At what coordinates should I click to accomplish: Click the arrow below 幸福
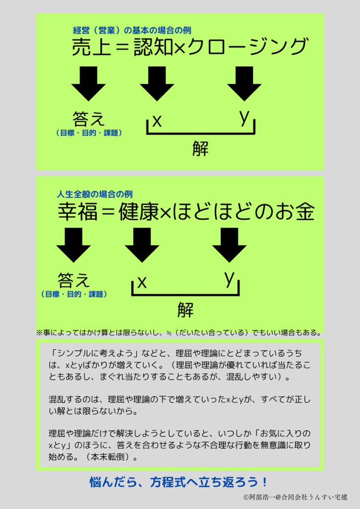coord(74,245)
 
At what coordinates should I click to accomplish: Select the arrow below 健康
coord(142,245)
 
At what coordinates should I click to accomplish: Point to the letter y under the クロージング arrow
coord(244,117)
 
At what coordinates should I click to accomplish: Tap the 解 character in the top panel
coord(200,148)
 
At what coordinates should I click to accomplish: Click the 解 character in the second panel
coord(185,309)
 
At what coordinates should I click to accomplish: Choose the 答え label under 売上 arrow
coord(89,119)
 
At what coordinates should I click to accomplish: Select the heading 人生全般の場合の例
coord(95,194)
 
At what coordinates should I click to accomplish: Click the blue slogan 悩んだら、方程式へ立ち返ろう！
coord(180,482)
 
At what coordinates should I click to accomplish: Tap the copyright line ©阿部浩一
coord(295,497)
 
